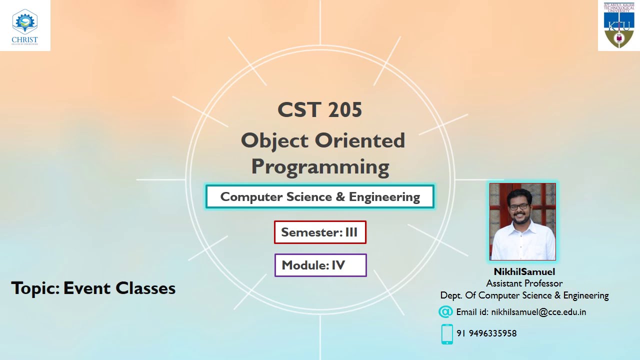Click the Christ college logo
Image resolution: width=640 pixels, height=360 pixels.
(x=25, y=25)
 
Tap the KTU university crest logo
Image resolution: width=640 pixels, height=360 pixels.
(x=618, y=25)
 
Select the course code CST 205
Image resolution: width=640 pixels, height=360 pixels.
(x=319, y=110)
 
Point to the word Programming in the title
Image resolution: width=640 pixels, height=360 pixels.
(x=320, y=166)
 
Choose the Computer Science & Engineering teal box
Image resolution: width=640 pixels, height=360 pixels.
(x=320, y=197)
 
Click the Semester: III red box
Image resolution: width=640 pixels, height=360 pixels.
(x=320, y=232)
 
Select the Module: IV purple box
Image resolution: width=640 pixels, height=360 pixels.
(x=320, y=265)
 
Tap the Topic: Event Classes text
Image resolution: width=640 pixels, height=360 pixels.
(x=93, y=288)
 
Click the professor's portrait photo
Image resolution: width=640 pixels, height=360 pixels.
(x=522, y=221)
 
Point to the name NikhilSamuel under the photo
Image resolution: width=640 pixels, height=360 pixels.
(x=524, y=272)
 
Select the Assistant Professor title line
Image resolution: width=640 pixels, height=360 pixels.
(x=524, y=283)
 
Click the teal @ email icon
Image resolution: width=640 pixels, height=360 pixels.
(x=445, y=312)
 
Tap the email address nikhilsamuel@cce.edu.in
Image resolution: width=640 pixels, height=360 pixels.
(x=538, y=312)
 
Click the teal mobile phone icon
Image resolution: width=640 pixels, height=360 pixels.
(x=447, y=334)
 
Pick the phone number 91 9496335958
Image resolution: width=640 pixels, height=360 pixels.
(x=486, y=333)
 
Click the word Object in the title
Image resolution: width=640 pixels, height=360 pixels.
(x=274, y=141)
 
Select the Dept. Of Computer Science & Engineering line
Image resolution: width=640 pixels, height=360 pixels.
(x=524, y=295)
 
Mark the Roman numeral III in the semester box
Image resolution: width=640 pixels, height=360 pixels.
(x=351, y=232)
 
